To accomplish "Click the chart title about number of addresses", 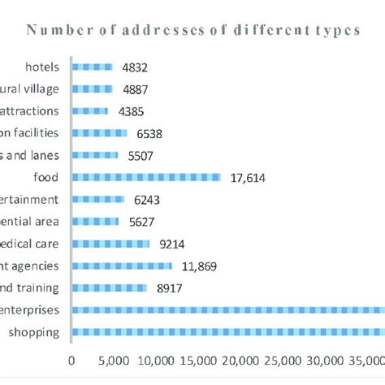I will coord(192,31).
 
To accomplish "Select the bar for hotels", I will coord(93,67).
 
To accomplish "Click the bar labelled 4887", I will coord(93,89).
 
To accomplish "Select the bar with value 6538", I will coord(100,133).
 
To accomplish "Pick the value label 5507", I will coord(140,155).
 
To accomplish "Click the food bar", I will coord(146,177).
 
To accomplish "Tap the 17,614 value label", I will coord(245,177).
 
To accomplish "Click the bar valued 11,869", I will coord(122,265).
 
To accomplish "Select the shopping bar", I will coord(228,331).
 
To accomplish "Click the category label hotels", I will coord(42,67).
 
